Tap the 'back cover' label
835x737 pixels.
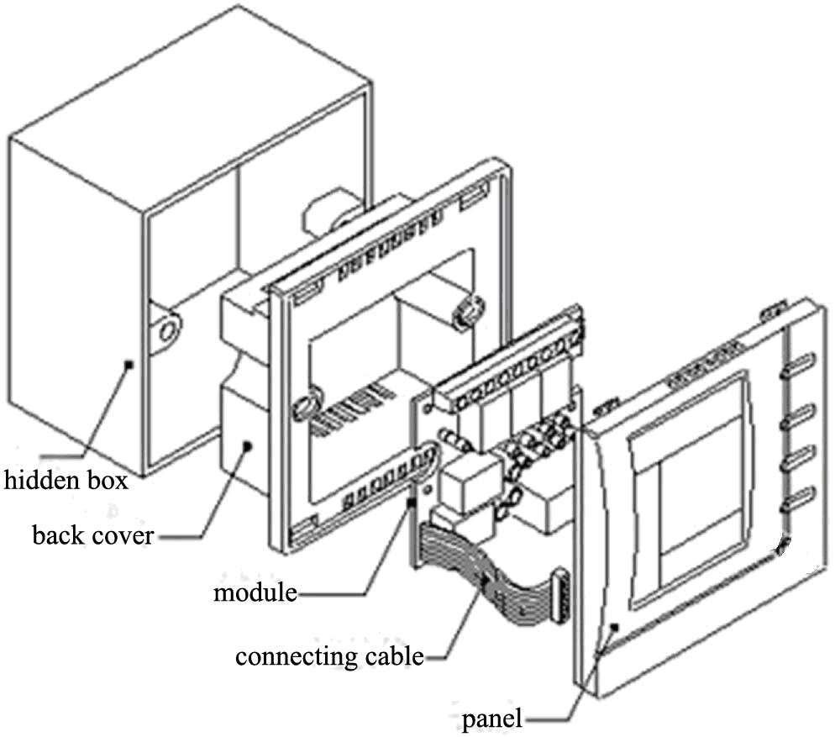point(92,534)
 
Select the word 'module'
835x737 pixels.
point(255,592)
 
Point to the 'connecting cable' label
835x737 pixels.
point(328,655)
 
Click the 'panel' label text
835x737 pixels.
point(491,719)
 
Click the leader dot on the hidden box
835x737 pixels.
point(128,364)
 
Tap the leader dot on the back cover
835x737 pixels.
point(247,446)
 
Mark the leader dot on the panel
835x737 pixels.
point(616,626)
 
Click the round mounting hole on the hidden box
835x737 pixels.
point(168,329)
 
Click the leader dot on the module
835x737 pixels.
point(412,502)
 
